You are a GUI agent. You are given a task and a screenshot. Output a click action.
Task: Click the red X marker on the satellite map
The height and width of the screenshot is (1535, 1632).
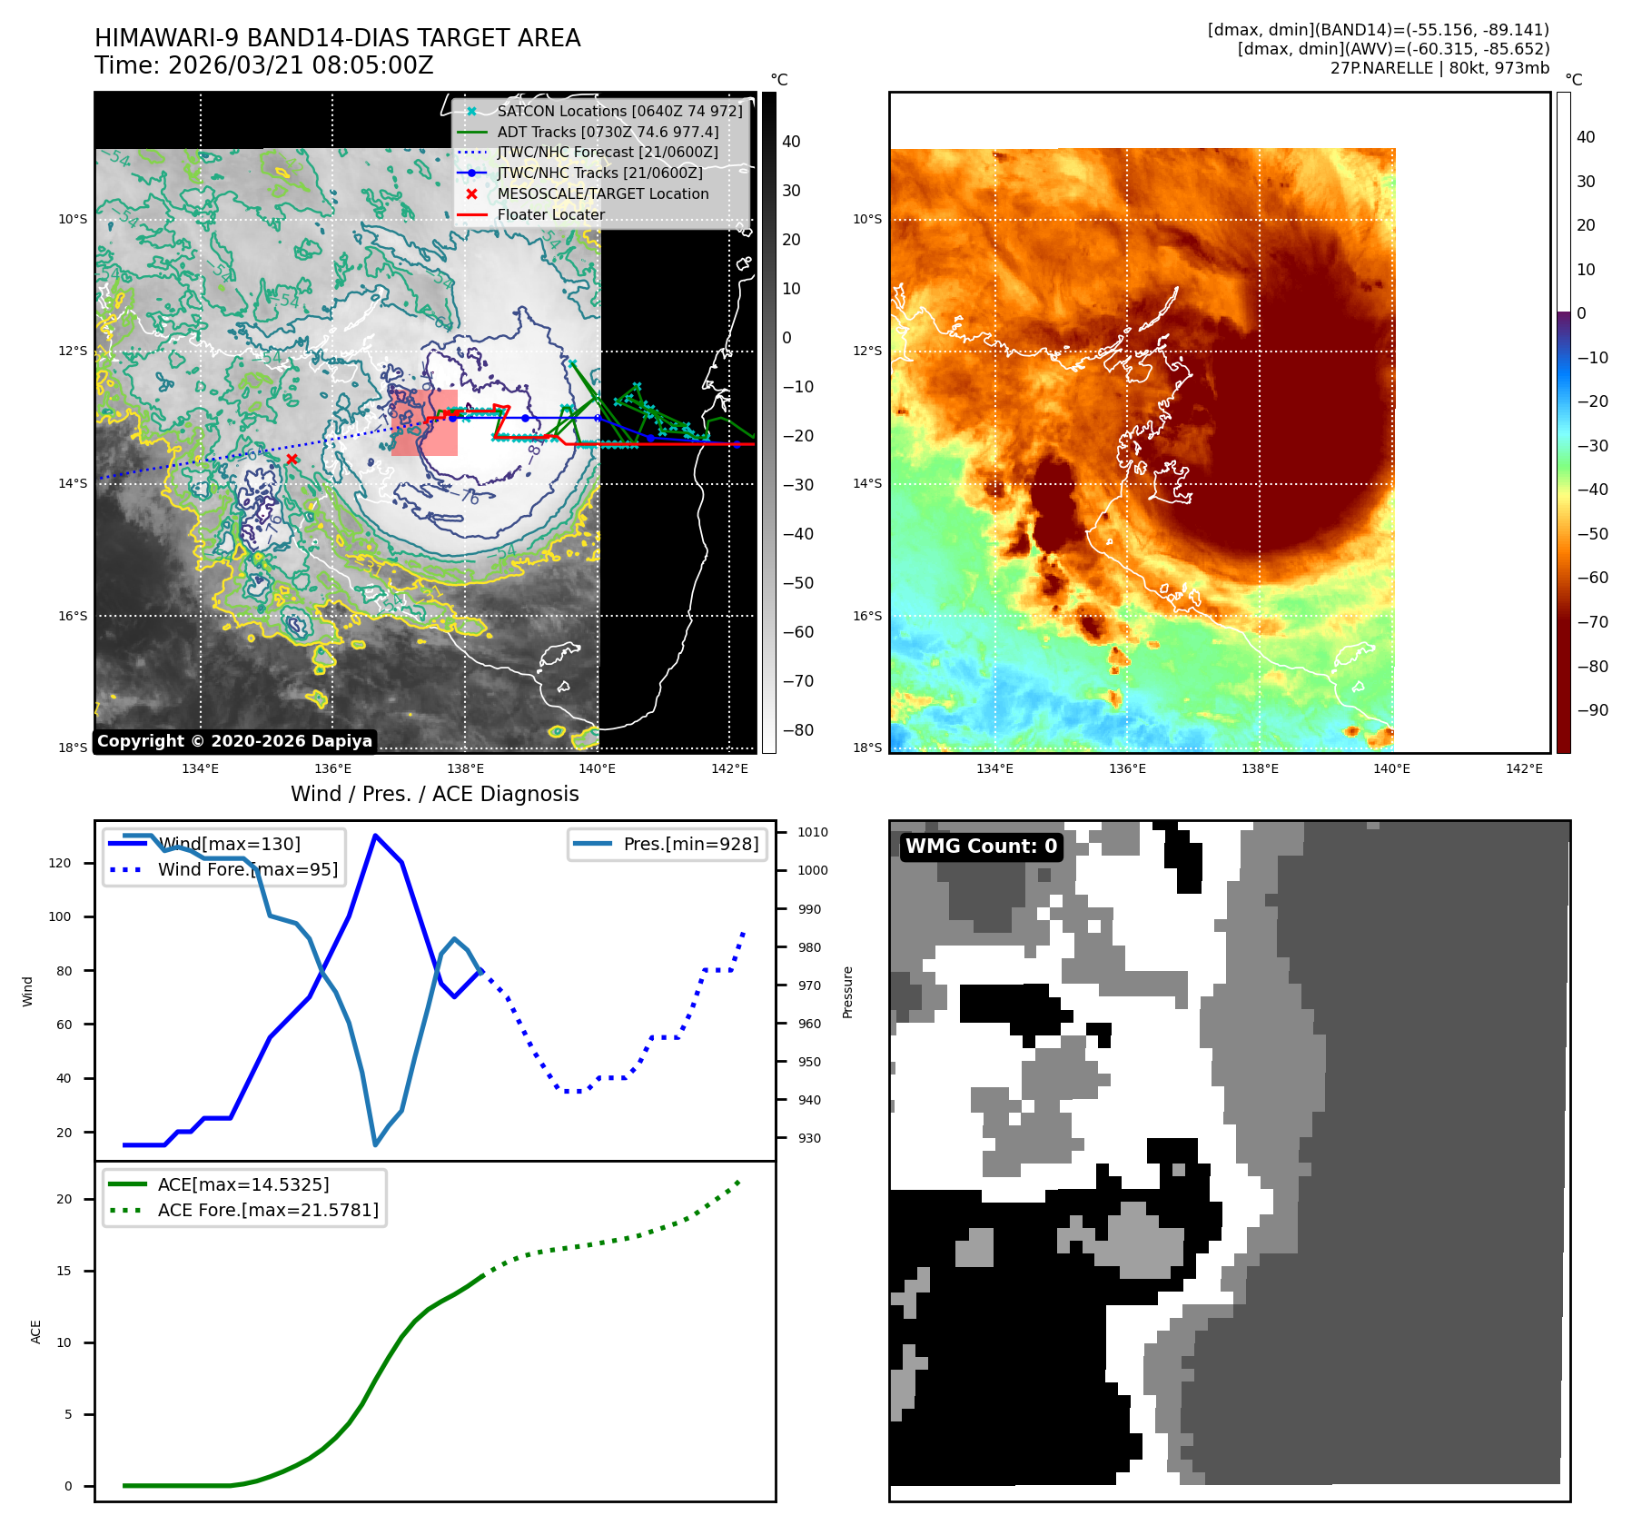pos(292,459)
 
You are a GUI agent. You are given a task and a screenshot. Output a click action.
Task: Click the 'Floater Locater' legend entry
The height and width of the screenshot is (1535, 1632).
pos(550,215)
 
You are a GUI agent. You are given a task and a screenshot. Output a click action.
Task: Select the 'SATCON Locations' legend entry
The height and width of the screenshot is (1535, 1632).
pos(619,111)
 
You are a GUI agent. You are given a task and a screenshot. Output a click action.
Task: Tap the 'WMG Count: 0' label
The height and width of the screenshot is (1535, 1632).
pos(981,847)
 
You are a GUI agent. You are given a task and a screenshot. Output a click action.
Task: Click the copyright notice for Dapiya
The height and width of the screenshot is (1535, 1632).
pos(234,741)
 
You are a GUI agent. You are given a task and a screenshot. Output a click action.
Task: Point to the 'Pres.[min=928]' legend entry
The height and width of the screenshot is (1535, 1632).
pos(690,844)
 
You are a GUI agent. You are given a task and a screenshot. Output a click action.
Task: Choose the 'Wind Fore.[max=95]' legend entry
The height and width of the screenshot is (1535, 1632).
pos(247,869)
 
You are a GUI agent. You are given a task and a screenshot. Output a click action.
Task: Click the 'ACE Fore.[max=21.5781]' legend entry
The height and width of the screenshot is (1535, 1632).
pos(268,1210)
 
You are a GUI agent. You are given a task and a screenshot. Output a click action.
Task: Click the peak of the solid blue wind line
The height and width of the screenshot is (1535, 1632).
pos(375,836)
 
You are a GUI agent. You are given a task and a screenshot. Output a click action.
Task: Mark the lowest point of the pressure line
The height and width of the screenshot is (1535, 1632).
pos(375,1144)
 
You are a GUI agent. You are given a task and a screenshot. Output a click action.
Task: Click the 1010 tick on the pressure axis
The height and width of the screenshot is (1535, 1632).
pos(813,832)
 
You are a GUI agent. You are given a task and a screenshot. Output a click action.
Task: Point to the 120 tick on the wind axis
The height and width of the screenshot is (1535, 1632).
pos(60,863)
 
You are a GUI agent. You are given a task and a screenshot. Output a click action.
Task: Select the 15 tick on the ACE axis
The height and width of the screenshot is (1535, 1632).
pos(64,1271)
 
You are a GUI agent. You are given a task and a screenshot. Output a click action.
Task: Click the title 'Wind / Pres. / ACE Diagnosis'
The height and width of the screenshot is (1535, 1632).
pos(434,794)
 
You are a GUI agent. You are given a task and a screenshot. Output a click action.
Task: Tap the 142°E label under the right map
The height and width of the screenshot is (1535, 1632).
pos(1524,768)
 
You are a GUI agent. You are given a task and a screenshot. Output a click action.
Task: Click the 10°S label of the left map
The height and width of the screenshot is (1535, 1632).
pos(73,219)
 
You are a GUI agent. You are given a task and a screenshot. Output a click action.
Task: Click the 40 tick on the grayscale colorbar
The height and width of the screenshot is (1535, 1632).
pos(791,142)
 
